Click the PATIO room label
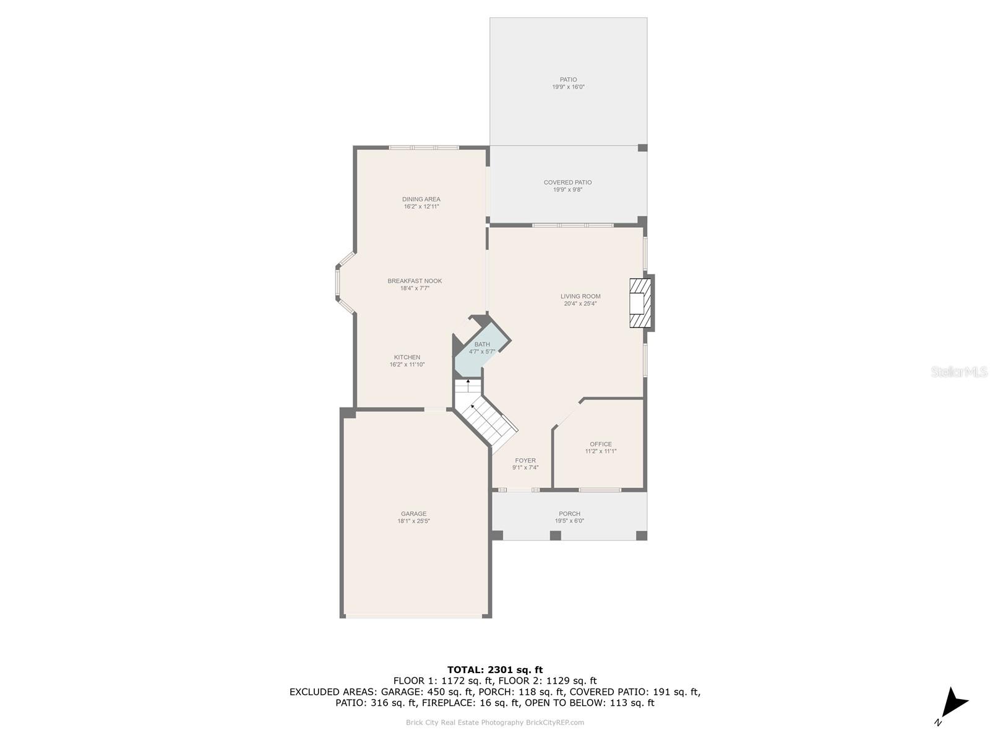pos(568,79)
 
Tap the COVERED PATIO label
pos(567,182)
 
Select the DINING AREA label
pos(421,199)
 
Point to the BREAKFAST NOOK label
pos(415,280)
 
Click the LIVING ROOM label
pos(580,297)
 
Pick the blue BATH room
pos(480,348)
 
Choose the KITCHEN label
pos(407,357)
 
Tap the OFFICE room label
pos(600,444)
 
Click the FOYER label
pos(525,461)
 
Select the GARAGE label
pos(413,513)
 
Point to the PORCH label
pos(569,513)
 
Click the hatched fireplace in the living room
pos(640,303)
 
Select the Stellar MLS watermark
pos(959,371)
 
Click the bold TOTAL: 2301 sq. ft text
pos(495,669)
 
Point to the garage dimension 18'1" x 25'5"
pos(413,521)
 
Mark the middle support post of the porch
pos(555,536)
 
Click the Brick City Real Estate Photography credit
pos(495,722)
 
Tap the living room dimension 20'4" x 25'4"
pos(580,303)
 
